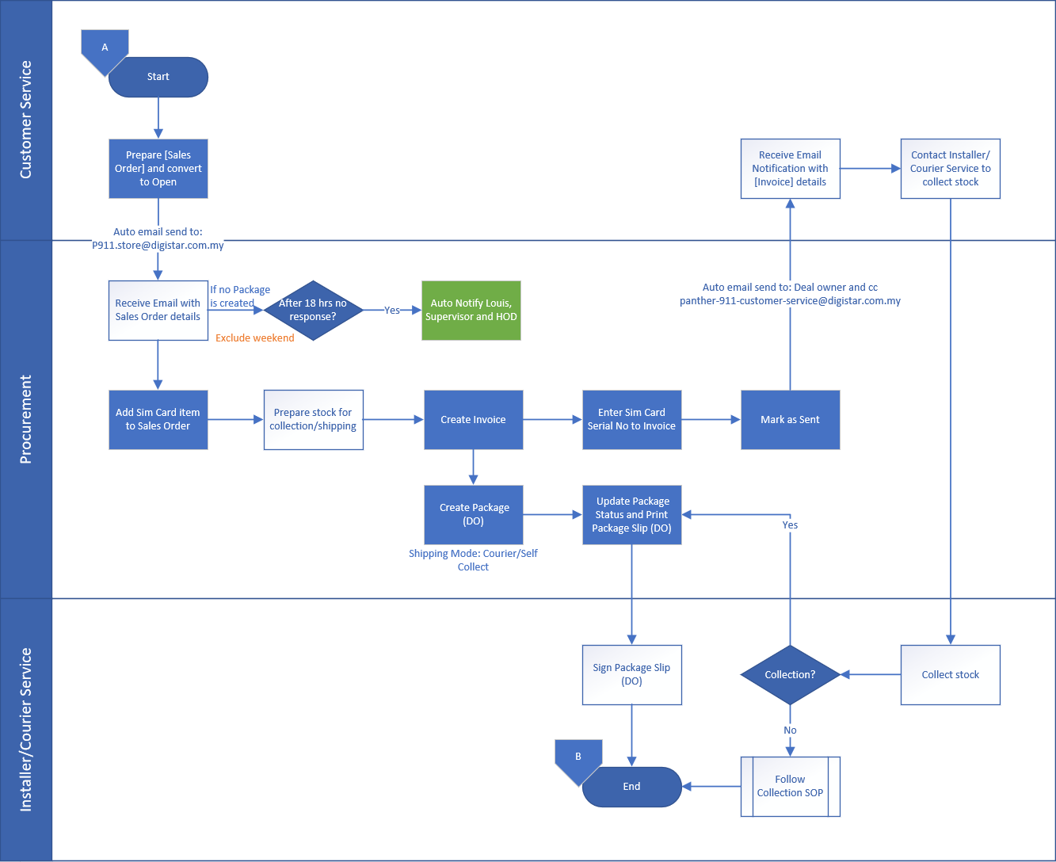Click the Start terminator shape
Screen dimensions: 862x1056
(x=158, y=77)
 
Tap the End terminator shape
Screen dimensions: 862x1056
(x=631, y=787)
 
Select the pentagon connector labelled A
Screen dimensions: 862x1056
(x=105, y=49)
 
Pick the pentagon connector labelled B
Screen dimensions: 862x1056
(x=578, y=758)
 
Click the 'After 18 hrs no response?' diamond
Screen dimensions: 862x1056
(x=313, y=311)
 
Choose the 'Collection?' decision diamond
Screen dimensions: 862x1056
(x=790, y=675)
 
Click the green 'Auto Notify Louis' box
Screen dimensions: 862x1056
(x=471, y=311)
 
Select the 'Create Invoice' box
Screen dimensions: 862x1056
(x=473, y=420)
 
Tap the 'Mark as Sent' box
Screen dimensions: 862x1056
(x=790, y=420)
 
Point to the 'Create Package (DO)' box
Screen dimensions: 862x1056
(x=474, y=515)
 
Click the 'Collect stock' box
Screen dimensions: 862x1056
(x=950, y=675)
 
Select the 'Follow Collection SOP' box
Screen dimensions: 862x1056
(x=790, y=786)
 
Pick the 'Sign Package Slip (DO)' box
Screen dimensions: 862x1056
(x=631, y=675)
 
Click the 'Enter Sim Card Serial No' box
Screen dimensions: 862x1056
(x=631, y=420)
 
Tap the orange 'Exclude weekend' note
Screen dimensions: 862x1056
(x=254, y=338)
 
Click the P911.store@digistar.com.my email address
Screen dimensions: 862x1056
(x=158, y=246)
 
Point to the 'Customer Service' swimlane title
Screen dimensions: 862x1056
(x=26, y=120)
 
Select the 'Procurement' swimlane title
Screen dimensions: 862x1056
(x=26, y=419)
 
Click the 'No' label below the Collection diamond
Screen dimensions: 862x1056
(x=790, y=730)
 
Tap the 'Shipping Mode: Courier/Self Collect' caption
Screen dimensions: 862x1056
(x=473, y=560)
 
